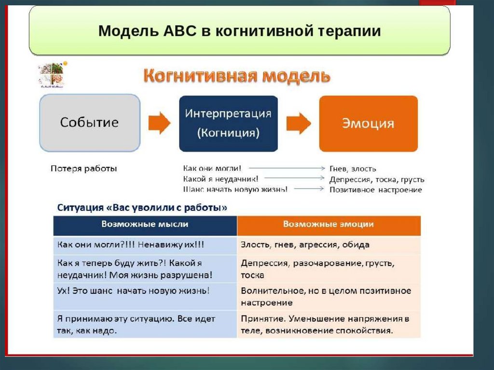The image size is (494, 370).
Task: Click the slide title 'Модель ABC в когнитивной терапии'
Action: pos(240,31)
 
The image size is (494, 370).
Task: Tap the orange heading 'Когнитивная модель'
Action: pos(236,76)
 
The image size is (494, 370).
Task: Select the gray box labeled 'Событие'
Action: pos(89,123)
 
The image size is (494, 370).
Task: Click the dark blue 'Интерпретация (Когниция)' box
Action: pos(228,123)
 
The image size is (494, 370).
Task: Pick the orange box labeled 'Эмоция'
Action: pos(368,123)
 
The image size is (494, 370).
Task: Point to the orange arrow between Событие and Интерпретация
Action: pos(159,123)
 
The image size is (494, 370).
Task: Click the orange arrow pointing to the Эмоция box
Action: pos(299,123)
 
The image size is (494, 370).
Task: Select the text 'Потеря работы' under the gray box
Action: pos(83,169)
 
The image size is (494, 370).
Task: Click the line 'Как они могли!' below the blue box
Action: pos(212,168)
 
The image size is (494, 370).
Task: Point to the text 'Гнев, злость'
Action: pos(353,169)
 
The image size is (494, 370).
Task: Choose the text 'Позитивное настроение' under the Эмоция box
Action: pos(375,190)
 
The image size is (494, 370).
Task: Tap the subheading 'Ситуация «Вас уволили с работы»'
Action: pos(142,208)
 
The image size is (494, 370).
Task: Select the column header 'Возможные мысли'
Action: pos(145,225)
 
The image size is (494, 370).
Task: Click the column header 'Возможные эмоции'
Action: pos(328,225)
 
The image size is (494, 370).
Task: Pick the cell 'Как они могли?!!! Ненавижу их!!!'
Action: pos(131,245)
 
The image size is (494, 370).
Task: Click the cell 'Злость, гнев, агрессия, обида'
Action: pos(305,245)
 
